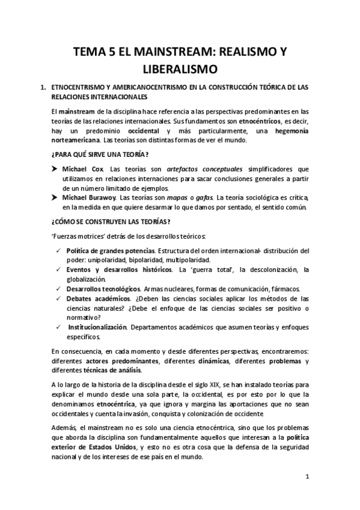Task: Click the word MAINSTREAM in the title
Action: pyautogui.click(x=159, y=52)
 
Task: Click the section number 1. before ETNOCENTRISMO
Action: pyautogui.click(x=43, y=87)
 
